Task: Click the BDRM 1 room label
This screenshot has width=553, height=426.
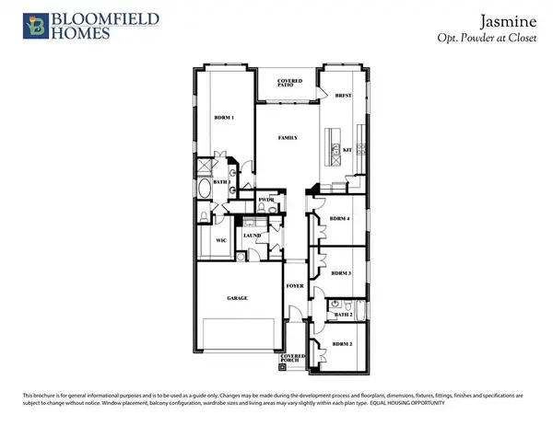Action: (225, 119)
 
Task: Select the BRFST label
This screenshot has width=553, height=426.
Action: (344, 95)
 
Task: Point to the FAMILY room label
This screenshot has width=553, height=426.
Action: (288, 137)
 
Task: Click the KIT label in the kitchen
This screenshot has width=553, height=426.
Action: (347, 149)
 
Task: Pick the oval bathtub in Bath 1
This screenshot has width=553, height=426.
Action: (204, 190)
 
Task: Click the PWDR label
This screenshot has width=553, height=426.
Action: (267, 200)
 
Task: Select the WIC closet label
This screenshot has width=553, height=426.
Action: (221, 240)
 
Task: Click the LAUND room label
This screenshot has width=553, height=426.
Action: (252, 236)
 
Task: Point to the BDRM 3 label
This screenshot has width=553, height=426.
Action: (341, 273)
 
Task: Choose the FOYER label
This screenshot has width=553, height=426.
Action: (294, 286)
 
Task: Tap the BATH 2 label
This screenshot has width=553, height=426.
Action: (344, 316)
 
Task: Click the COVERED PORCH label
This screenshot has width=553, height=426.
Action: (294, 358)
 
